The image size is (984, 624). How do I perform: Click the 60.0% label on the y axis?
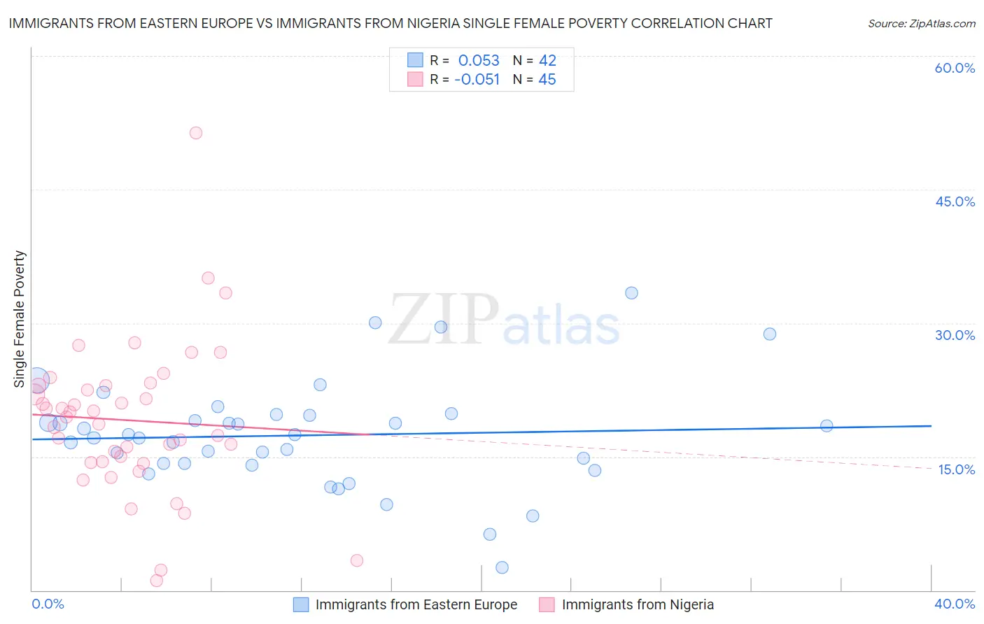955,68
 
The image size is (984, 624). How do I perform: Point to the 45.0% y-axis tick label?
955,201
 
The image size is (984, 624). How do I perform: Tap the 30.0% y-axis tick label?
955,335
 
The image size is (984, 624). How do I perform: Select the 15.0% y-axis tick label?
956,469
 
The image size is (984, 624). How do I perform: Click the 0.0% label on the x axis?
48,604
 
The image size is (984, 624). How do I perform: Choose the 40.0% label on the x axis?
955,604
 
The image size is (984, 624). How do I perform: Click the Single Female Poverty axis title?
20,319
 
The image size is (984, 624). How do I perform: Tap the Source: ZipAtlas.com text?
921,23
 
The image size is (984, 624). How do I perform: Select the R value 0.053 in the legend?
479,61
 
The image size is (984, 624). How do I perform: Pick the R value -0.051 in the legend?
477,80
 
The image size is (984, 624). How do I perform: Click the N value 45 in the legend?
547,80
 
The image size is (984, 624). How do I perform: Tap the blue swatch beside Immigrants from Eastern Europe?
301,604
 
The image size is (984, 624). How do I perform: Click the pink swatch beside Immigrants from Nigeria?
547,604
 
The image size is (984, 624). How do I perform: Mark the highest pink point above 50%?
196,133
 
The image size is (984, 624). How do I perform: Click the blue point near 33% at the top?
631,293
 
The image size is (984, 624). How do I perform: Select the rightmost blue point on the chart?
827,425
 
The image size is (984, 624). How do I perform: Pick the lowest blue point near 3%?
502,567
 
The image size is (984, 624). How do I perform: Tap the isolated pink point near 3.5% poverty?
357,560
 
